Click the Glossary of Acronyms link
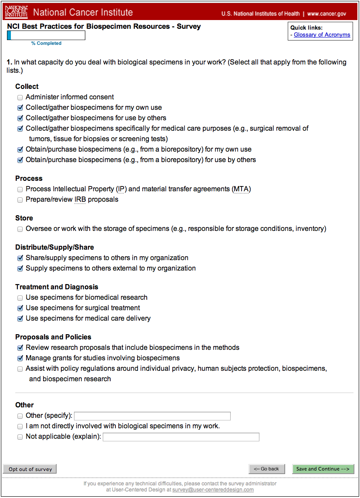tap(322, 35)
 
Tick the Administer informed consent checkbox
tap(20, 98)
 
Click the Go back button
tap(267, 469)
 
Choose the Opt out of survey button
tap(30, 469)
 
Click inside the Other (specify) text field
tap(152, 416)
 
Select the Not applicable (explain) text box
tap(181, 437)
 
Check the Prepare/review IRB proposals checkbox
tap(20, 200)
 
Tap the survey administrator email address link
tap(213, 490)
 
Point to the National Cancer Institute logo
tap(16, 13)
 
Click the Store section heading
tap(24, 218)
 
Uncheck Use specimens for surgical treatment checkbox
tap(20, 308)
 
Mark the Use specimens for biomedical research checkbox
tap(20, 298)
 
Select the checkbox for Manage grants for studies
tap(20, 359)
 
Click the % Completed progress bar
tap(46, 36)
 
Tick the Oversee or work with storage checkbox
tap(20, 229)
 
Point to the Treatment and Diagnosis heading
tap(57, 287)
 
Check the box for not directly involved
tap(20, 427)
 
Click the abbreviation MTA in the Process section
tap(241, 190)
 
